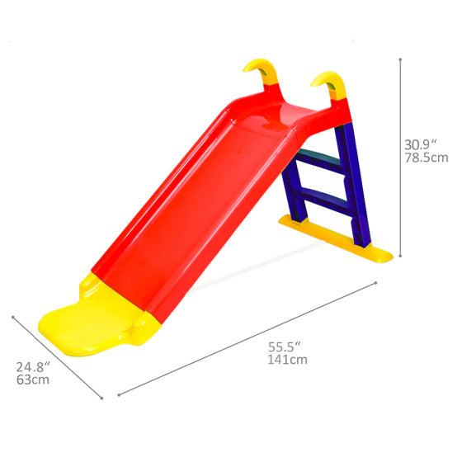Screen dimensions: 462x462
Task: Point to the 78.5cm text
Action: (426, 158)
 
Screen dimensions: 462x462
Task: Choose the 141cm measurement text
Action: (287, 359)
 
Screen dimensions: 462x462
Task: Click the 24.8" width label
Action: (34, 366)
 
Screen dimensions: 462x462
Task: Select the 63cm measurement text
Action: (33, 380)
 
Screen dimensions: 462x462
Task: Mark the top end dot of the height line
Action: (400, 59)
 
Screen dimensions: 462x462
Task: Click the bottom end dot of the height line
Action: (400, 256)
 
